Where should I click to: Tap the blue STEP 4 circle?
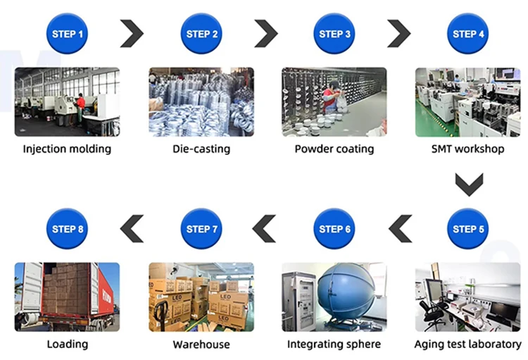[x=468, y=34]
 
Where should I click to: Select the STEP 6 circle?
[x=334, y=229]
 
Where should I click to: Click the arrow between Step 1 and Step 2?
[x=132, y=34]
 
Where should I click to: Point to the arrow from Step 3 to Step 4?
[x=399, y=34]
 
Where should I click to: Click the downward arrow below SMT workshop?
[x=468, y=185]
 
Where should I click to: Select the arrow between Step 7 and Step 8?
[x=132, y=229]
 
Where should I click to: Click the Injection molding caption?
[x=67, y=149]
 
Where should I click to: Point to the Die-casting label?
[x=201, y=149]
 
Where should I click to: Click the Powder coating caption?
[x=334, y=149]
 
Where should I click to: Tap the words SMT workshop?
[x=467, y=149]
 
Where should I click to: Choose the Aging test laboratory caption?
[x=467, y=344]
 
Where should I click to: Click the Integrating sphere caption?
[x=334, y=344]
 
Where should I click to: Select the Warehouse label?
[x=201, y=344]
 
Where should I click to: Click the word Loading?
[x=68, y=344]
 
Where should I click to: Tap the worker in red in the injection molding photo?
[x=80, y=105]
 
